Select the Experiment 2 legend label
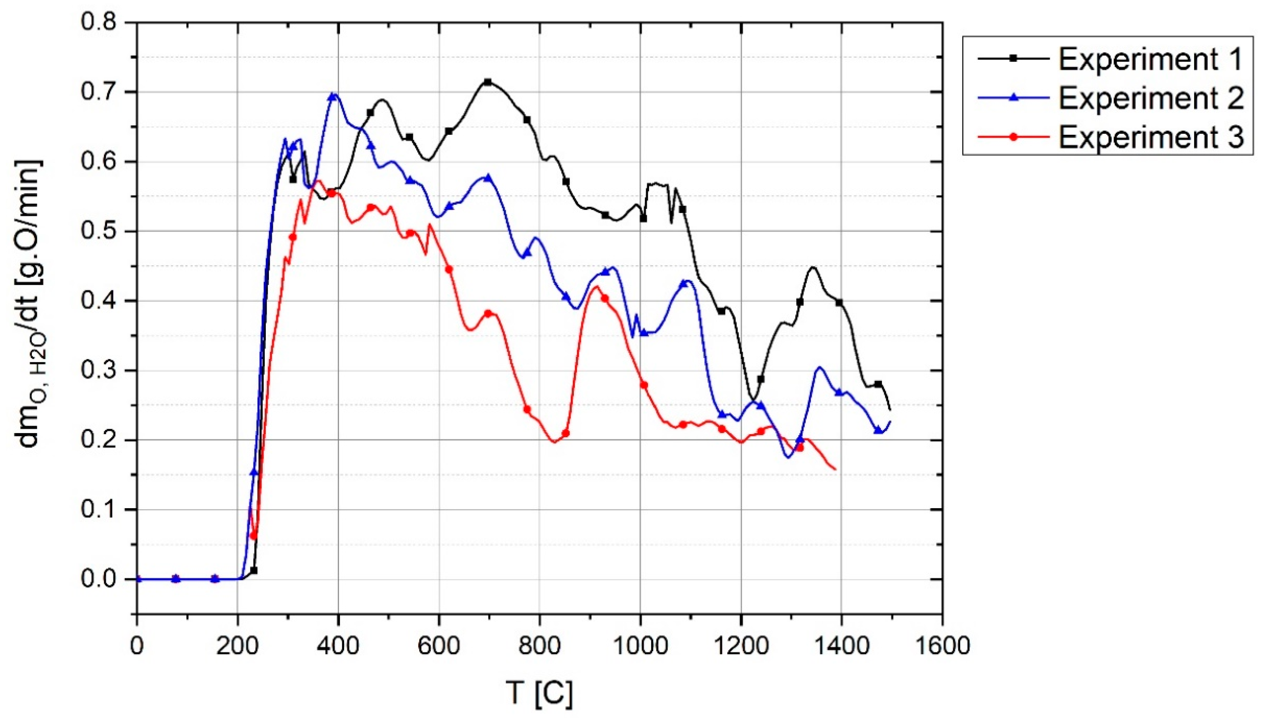(1150, 98)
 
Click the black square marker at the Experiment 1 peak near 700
(488, 82)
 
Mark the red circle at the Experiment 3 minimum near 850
(566, 433)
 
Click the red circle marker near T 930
(605, 298)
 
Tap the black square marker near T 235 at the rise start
(254, 570)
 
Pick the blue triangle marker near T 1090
(683, 284)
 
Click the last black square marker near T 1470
(878, 384)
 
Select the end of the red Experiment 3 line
(836, 469)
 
